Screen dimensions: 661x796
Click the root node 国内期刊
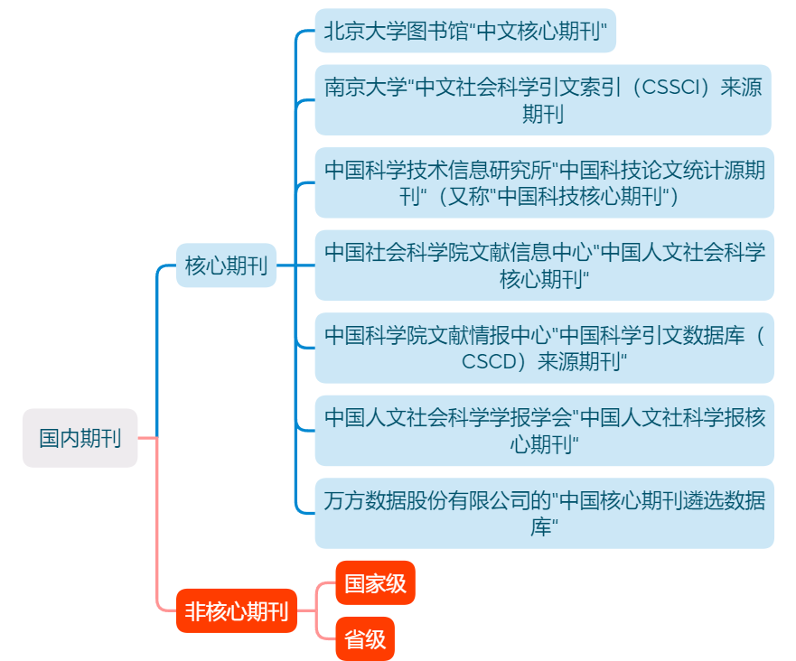pyautogui.click(x=80, y=438)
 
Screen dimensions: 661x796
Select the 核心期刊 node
pyautogui.click(x=226, y=265)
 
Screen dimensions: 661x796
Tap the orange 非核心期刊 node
pyautogui.click(x=236, y=611)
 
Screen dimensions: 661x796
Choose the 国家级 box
pyautogui.click(x=375, y=583)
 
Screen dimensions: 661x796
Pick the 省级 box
pyautogui.click(x=365, y=639)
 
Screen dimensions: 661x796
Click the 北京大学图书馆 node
pyautogui.click(x=464, y=32)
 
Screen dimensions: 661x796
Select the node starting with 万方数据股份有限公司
pyautogui.click(x=544, y=513)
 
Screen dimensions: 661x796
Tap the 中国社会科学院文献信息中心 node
pyautogui.click(x=544, y=265)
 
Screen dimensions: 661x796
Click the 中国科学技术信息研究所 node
pyautogui.click(x=544, y=182)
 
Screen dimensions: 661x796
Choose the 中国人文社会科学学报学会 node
pyautogui.click(x=544, y=430)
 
